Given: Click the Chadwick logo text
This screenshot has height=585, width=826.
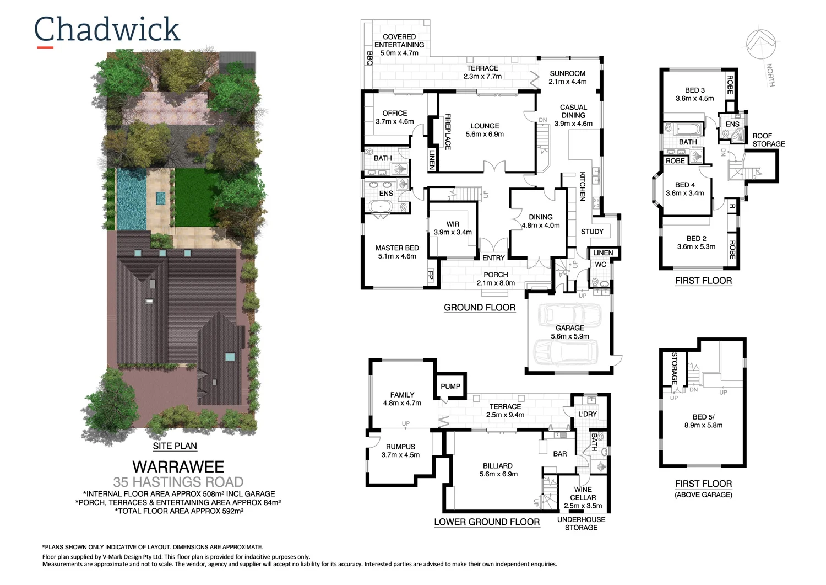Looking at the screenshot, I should [x=107, y=30].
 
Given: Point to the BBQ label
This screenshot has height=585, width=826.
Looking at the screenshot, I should [x=369, y=58].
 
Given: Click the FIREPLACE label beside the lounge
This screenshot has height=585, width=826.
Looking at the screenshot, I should [x=448, y=132].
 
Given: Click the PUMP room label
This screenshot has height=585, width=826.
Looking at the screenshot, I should [x=450, y=387].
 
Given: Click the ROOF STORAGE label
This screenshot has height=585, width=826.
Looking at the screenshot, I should [x=768, y=139].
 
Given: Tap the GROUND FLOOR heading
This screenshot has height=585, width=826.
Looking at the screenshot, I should [x=480, y=308].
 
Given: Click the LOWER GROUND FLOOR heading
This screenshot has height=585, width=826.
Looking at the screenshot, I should [x=487, y=522].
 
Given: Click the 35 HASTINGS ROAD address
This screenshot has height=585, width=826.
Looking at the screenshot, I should [x=178, y=482].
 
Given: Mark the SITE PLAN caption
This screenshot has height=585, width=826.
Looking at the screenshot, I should [x=175, y=446].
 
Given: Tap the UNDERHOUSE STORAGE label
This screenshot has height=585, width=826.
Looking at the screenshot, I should [x=581, y=524].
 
